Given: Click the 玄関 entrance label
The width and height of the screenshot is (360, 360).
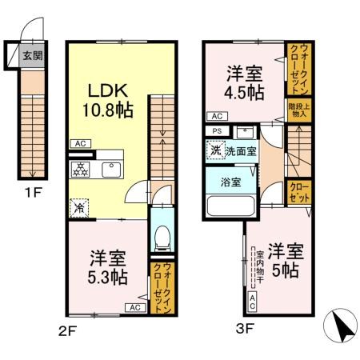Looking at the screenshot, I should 32,56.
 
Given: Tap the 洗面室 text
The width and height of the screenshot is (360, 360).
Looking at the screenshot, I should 239,150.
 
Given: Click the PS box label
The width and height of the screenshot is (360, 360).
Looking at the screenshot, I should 216,131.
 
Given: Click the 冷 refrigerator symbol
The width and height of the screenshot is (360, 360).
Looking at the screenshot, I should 79,206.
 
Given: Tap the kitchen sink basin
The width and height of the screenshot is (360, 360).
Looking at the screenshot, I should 110,170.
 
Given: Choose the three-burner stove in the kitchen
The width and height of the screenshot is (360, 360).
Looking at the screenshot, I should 81,170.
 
